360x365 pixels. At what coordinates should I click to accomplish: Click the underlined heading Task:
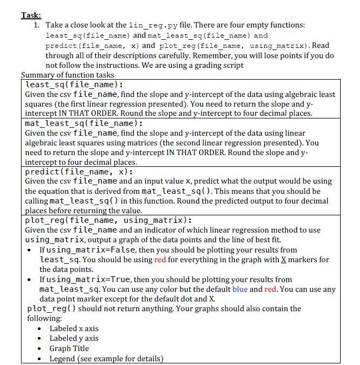click(31, 15)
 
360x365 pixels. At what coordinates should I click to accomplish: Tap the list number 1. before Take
click(37, 25)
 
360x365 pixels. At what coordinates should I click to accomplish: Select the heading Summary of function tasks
click(67, 75)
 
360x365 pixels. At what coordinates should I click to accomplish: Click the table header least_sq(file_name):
click(74, 85)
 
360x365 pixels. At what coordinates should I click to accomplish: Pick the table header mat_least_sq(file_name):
click(84, 123)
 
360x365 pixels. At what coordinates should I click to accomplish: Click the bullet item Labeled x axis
click(74, 328)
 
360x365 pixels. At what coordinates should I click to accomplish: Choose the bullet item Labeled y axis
click(74, 338)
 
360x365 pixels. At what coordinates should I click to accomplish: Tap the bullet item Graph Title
click(69, 348)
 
